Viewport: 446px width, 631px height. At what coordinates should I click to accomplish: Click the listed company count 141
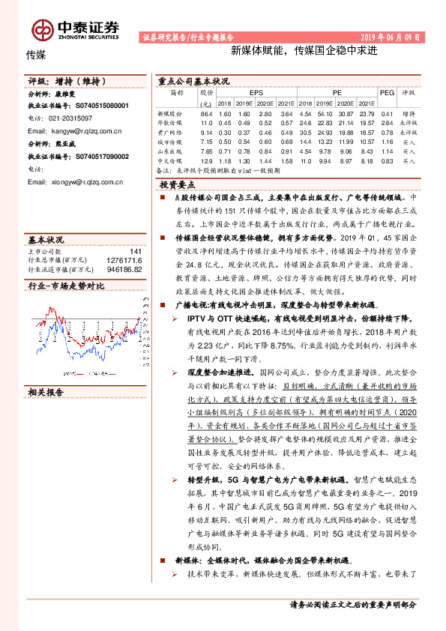click(135, 251)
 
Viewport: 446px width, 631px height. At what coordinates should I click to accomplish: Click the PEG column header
click(387, 92)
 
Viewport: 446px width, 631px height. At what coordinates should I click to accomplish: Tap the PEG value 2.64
click(386, 121)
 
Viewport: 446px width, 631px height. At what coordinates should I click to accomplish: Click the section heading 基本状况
click(46, 239)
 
